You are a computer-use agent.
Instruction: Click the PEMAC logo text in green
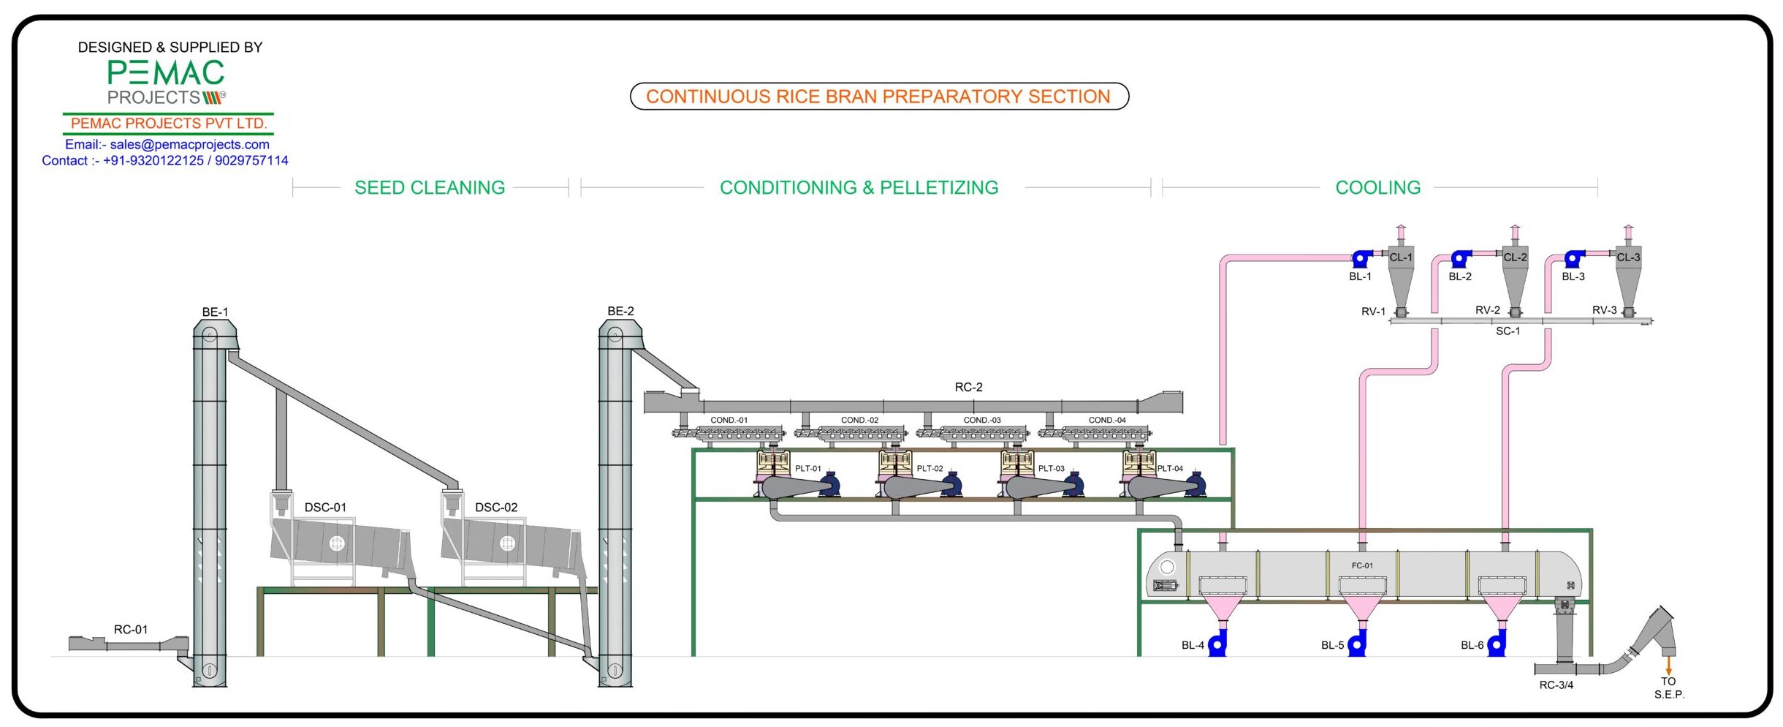coord(166,73)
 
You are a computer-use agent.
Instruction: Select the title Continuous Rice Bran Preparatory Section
coord(878,97)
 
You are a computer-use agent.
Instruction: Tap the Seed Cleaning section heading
coord(430,188)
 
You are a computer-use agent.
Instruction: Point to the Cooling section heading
coord(1377,188)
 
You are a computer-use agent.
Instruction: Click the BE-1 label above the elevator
coord(215,312)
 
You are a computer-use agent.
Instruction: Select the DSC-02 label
coord(496,508)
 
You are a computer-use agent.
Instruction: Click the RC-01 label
coord(131,630)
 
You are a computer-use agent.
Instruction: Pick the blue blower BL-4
coord(1217,645)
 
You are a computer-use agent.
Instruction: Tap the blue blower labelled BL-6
coord(1497,645)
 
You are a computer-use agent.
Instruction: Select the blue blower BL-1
coord(1361,258)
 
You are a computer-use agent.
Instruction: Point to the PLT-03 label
coord(1052,469)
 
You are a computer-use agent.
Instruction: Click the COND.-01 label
coord(729,421)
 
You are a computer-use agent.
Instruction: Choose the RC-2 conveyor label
coord(968,388)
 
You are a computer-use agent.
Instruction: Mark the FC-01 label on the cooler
coord(1362,566)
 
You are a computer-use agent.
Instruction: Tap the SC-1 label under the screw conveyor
coord(1508,331)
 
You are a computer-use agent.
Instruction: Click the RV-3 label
coord(1604,311)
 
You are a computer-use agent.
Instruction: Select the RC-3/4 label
coord(1556,685)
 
